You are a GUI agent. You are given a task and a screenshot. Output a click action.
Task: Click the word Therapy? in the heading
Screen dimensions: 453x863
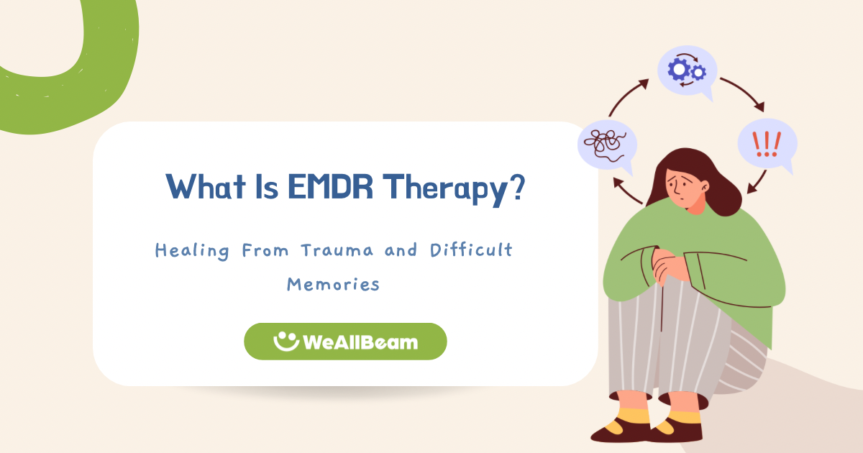pos(453,188)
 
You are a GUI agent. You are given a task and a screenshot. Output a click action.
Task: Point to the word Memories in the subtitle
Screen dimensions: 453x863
pos(333,284)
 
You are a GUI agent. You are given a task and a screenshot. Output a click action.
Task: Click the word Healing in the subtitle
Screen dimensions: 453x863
pos(192,251)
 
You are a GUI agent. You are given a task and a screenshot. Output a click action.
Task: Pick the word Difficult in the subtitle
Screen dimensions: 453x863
pos(471,251)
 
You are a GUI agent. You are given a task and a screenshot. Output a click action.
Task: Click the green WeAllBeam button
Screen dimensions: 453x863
pos(345,342)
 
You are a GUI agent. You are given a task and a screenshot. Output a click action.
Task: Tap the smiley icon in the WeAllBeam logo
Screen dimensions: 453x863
pos(287,341)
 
